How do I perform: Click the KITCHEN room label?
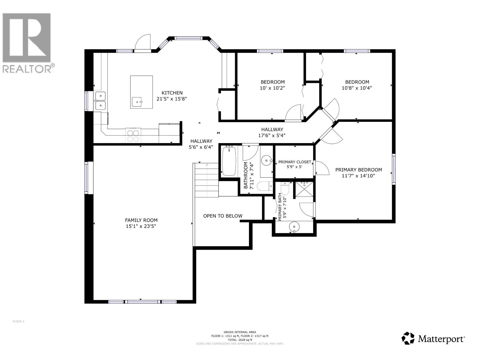pyautogui.click(x=172, y=93)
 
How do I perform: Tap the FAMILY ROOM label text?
pyautogui.click(x=141, y=220)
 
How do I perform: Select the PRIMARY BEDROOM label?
pyautogui.click(x=358, y=170)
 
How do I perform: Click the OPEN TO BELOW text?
pyautogui.click(x=223, y=216)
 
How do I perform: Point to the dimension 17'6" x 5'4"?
pyautogui.click(x=272, y=135)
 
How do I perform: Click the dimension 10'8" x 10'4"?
pyautogui.click(x=357, y=88)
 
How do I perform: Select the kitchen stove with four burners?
pyautogui.click(x=133, y=136)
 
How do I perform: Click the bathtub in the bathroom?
pyautogui.click(x=229, y=161)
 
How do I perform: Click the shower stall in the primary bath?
pyautogui.click(x=304, y=188)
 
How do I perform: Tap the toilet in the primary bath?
pyautogui.click(x=284, y=188)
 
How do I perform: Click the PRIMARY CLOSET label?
pyautogui.click(x=295, y=162)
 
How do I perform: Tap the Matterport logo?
pyautogui.click(x=433, y=339)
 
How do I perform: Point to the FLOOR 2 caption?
pyautogui.click(x=18, y=321)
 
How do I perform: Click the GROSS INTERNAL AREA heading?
pyautogui.click(x=240, y=332)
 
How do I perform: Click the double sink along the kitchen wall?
pyautogui.click(x=100, y=100)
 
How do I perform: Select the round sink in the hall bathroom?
pyautogui.click(x=266, y=161)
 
